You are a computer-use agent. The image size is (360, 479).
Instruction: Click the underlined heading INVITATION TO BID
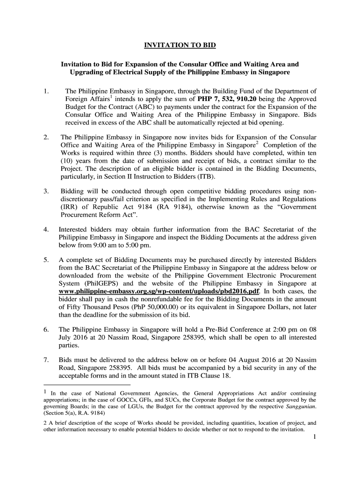[180, 45]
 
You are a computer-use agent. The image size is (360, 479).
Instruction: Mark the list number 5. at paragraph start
[46, 259]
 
